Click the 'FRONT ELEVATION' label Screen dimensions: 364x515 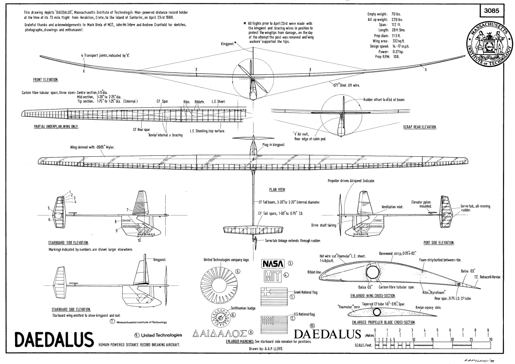click(45, 80)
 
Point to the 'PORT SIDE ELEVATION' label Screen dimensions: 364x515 click(439, 243)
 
